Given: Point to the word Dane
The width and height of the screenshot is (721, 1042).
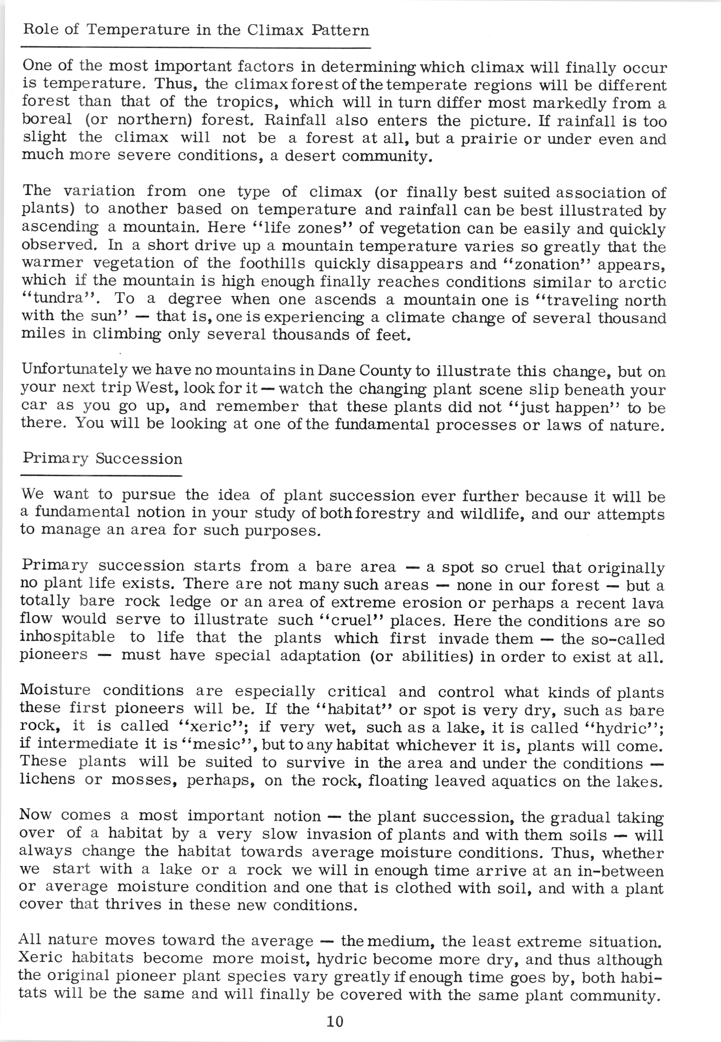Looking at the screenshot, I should click(x=337, y=371).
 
